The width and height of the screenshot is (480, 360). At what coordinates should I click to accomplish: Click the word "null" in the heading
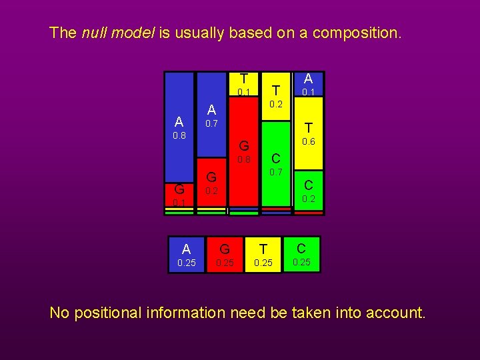click(94, 33)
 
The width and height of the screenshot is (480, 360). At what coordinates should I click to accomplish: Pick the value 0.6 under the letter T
click(309, 142)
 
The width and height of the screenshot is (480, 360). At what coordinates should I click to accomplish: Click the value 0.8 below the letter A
click(179, 135)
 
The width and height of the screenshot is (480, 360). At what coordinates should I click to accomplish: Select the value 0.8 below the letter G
click(245, 160)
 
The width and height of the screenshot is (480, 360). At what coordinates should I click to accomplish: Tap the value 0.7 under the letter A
click(211, 124)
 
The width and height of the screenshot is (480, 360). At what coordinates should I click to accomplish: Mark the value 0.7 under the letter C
click(276, 173)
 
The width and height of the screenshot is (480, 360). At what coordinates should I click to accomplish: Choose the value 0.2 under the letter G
click(211, 191)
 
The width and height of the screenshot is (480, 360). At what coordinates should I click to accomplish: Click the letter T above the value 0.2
click(276, 89)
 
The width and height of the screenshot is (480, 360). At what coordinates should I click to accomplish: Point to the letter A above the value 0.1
click(309, 78)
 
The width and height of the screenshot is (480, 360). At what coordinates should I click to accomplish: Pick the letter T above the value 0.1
click(245, 77)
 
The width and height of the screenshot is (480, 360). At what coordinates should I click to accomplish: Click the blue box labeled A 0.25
click(187, 255)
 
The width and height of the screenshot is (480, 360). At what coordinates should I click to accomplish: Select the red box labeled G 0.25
click(225, 255)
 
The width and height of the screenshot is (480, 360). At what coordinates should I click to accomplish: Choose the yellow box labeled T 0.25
click(263, 255)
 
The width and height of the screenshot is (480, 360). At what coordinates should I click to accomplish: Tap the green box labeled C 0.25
click(302, 255)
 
